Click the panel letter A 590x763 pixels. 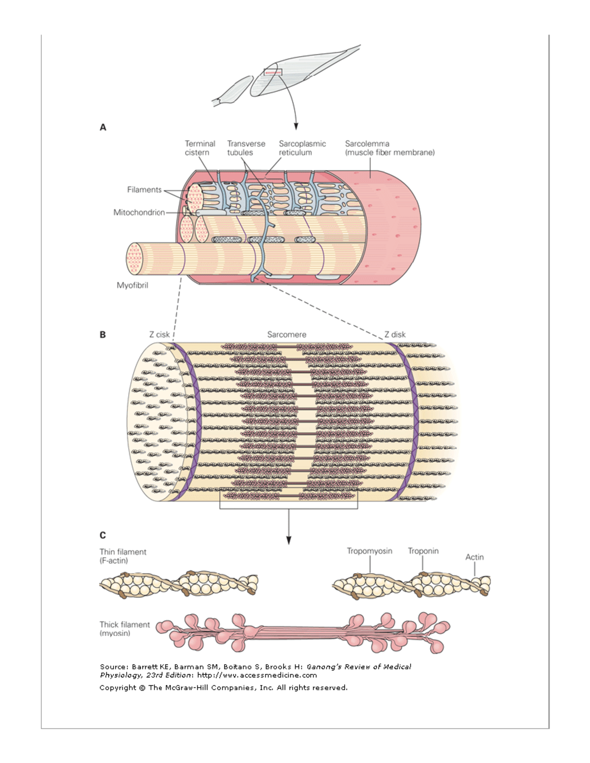[103, 127]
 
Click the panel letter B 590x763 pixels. [103, 335]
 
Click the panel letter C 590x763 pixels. [103, 535]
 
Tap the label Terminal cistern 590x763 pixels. [200, 148]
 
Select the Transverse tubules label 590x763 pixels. [246, 148]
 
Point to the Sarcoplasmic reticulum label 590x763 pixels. [302, 148]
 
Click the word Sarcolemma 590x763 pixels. [367, 144]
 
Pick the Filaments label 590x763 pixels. [144, 190]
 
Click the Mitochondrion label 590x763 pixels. [139, 213]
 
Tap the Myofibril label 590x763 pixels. [132, 286]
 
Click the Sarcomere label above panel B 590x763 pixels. [287, 335]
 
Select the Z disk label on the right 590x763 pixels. [395, 335]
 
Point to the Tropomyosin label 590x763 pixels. [369, 551]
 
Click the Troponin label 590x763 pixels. [423, 551]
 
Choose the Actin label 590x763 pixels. [474, 557]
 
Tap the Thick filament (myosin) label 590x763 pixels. [124, 629]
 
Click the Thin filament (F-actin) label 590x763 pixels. [123, 556]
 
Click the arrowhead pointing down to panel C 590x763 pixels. [289, 540]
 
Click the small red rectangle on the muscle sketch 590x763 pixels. [273, 72]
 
